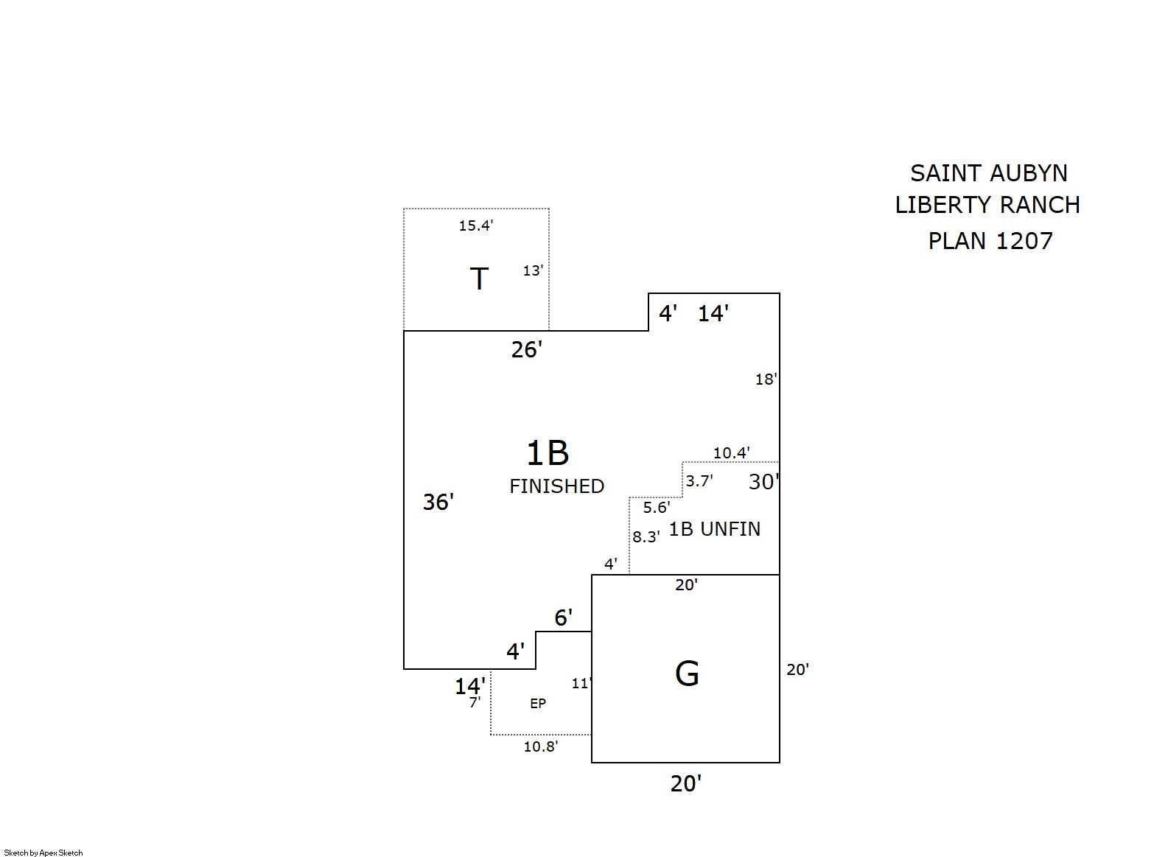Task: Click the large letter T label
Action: [x=479, y=279]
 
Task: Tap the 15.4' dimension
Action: [x=475, y=225]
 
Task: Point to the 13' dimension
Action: [x=533, y=270]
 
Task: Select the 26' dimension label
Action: [x=526, y=349]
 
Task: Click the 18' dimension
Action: [x=766, y=379]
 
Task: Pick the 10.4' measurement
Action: [x=731, y=452]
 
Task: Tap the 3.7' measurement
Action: [x=699, y=481]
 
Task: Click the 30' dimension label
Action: [x=763, y=482]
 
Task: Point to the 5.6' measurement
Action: [x=656, y=507]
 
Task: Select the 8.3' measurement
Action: [x=646, y=537]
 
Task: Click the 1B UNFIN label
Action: [x=714, y=529]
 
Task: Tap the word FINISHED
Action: [x=556, y=486]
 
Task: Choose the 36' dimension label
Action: [x=438, y=502]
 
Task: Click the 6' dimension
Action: [x=563, y=618]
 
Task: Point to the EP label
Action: [x=538, y=704]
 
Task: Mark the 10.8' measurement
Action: [x=540, y=746]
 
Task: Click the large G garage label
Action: [x=687, y=674]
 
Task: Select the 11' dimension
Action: [x=581, y=684]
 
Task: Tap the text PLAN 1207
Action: [x=990, y=241]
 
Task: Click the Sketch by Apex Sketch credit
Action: [x=43, y=853]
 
